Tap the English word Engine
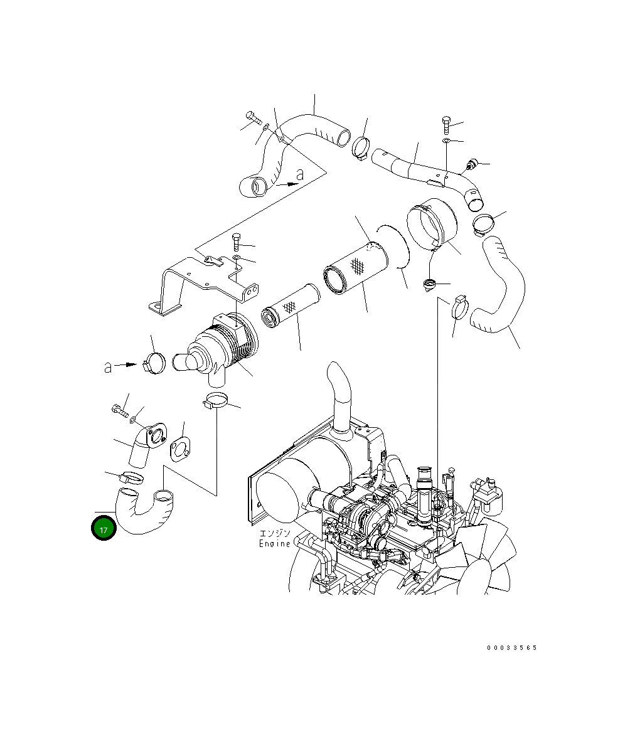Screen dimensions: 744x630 [275, 543]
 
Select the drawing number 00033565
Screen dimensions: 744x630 [511, 648]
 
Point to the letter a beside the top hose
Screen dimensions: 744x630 [300, 175]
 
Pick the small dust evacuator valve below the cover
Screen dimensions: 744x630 [430, 285]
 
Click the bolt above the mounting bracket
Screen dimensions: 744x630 [237, 242]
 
